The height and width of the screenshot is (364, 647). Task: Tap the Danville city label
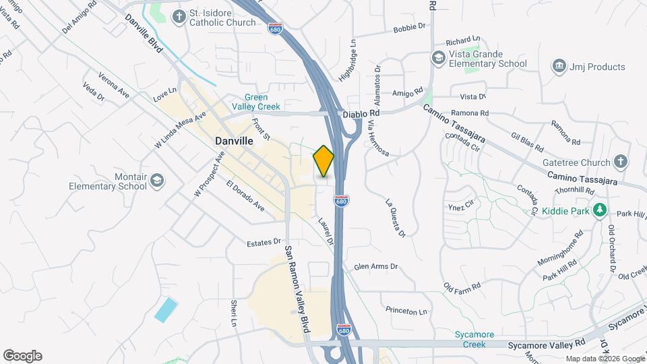pyautogui.click(x=234, y=141)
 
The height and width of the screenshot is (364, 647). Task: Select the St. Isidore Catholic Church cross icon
pyautogui.click(x=179, y=16)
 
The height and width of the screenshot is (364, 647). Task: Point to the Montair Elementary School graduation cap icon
pyautogui.click(x=157, y=180)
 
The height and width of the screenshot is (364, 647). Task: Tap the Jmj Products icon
pyautogui.click(x=559, y=66)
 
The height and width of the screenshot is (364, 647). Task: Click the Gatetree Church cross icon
pyautogui.click(x=620, y=162)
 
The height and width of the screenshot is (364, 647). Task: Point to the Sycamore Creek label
pyautogui.click(x=474, y=339)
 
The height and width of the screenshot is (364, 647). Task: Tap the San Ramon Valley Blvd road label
pyautogui.click(x=296, y=288)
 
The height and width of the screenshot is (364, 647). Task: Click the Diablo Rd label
pyautogui.click(x=359, y=115)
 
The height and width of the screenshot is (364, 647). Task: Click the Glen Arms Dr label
pyautogui.click(x=376, y=267)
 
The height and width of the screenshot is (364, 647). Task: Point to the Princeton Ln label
pyautogui.click(x=406, y=311)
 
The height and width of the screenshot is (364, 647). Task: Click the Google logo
pyautogui.click(x=22, y=356)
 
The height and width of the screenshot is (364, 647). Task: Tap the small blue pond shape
pyautogui.click(x=166, y=309)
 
